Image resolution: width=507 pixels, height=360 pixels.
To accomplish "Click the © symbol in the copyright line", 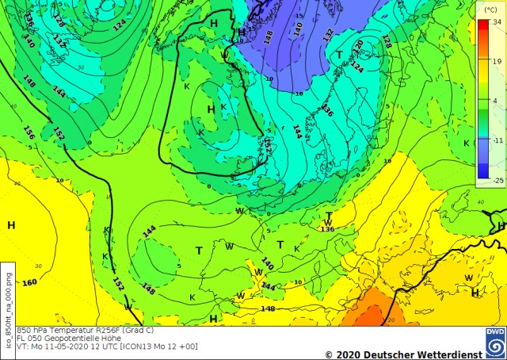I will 329,354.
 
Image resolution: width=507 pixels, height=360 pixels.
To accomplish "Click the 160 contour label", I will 29,283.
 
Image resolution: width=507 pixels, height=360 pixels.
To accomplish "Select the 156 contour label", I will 29,132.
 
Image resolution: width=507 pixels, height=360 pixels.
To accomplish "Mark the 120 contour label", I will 358,44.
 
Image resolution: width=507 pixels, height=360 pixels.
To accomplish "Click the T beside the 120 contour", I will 339,55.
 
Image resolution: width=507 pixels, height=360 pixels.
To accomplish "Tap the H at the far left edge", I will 11,225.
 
